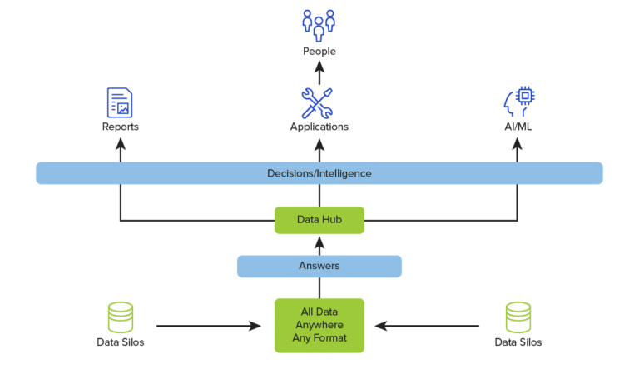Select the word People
pyautogui.click(x=319, y=52)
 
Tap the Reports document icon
pyautogui.click(x=120, y=102)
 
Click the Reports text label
pyautogui.click(x=120, y=127)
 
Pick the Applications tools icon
pyautogui.click(x=318, y=102)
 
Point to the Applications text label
pyautogui.click(x=319, y=127)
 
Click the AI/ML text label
pyautogui.click(x=518, y=127)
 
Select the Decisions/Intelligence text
pyautogui.click(x=319, y=173)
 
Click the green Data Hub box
pyautogui.click(x=319, y=220)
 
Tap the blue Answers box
pyautogui.click(x=319, y=267)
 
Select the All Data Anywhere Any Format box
pyautogui.click(x=319, y=325)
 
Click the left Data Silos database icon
pyautogui.click(x=121, y=317)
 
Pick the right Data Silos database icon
pyautogui.click(x=518, y=317)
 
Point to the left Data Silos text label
pyautogui.click(x=121, y=342)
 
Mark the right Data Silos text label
pyautogui.click(x=518, y=342)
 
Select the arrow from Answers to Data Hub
pyautogui.click(x=319, y=245)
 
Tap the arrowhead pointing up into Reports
pyautogui.click(x=120, y=143)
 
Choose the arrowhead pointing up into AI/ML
pyautogui.click(x=518, y=143)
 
